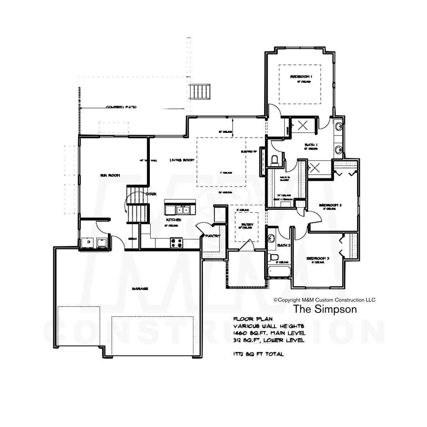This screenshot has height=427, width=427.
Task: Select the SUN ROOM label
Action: [110, 175]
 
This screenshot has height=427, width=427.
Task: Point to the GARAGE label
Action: [140, 289]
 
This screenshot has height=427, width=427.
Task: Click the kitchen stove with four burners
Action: [176, 242]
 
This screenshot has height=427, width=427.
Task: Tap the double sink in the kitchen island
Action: [182, 209]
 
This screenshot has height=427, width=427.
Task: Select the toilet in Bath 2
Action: [272, 257]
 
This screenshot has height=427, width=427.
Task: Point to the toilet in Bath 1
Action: [275, 160]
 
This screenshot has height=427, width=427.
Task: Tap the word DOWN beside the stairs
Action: [151, 194]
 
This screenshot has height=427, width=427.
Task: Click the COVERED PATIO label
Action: [121, 107]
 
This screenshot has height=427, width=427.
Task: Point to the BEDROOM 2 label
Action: [330, 205]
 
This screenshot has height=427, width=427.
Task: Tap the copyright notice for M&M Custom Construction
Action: [324, 300]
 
